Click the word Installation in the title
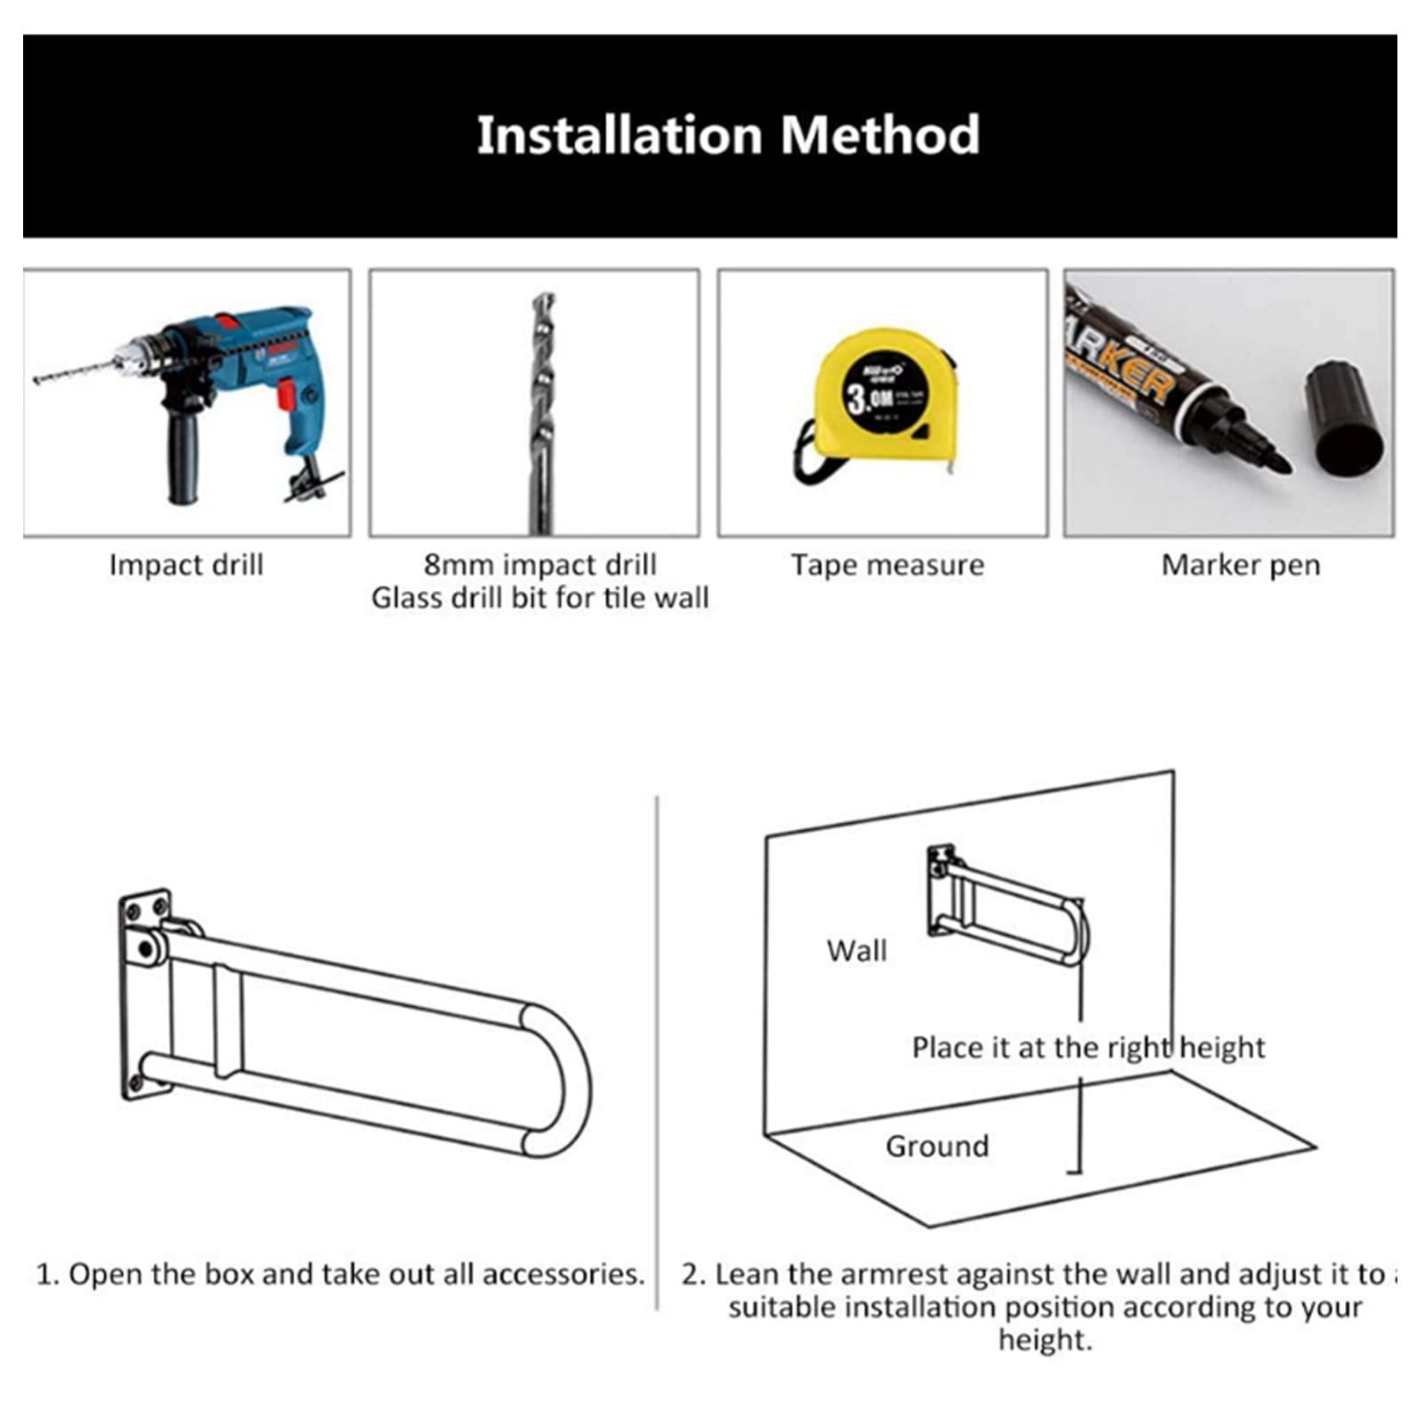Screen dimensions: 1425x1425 click(619, 135)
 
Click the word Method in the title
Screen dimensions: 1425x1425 click(880, 135)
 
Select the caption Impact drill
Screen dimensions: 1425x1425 click(186, 565)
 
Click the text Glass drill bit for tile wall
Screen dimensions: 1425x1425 click(539, 598)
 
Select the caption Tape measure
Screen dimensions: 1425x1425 click(887, 565)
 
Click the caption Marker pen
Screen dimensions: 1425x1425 click(1240, 565)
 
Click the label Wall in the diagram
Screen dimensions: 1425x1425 click(856, 951)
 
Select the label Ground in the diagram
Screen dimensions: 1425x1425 click(936, 1146)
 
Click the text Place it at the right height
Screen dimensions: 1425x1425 click(1088, 1048)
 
